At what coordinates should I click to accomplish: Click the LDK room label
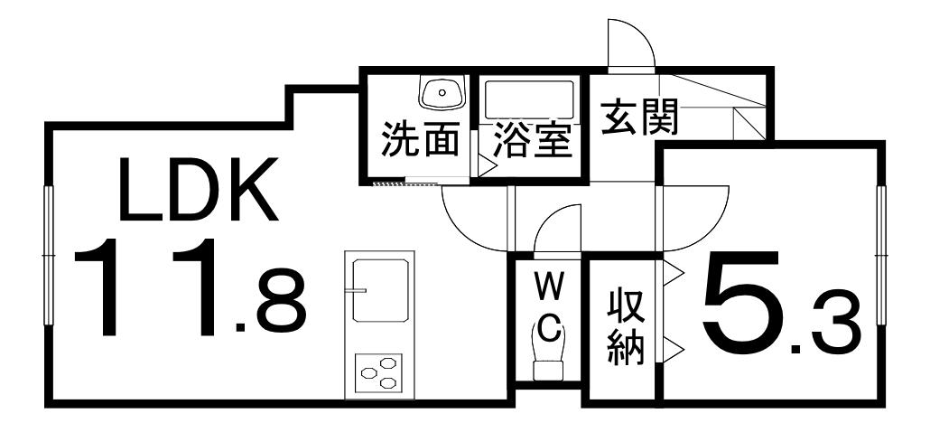pyautogui.click(x=199, y=190)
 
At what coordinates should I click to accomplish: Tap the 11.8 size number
pyautogui.click(x=190, y=287)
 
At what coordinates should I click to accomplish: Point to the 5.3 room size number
pyautogui.click(x=781, y=303)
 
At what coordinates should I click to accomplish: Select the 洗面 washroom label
pyautogui.click(x=420, y=140)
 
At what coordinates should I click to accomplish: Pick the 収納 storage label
pyautogui.click(x=626, y=328)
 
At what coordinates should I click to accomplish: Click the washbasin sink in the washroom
pyautogui.click(x=442, y=92)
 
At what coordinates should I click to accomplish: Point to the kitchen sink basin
pyautogui.click(x=380, y=290)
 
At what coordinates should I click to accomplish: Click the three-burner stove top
pyautogui.click(x=378, y=373)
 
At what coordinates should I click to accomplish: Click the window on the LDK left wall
pyautogui.click(x=49, y=256)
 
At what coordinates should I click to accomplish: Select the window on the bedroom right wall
pyautogui.click(x=880, y=256)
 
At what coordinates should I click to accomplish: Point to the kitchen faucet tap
pyautogui.click(x=358, y=290)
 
